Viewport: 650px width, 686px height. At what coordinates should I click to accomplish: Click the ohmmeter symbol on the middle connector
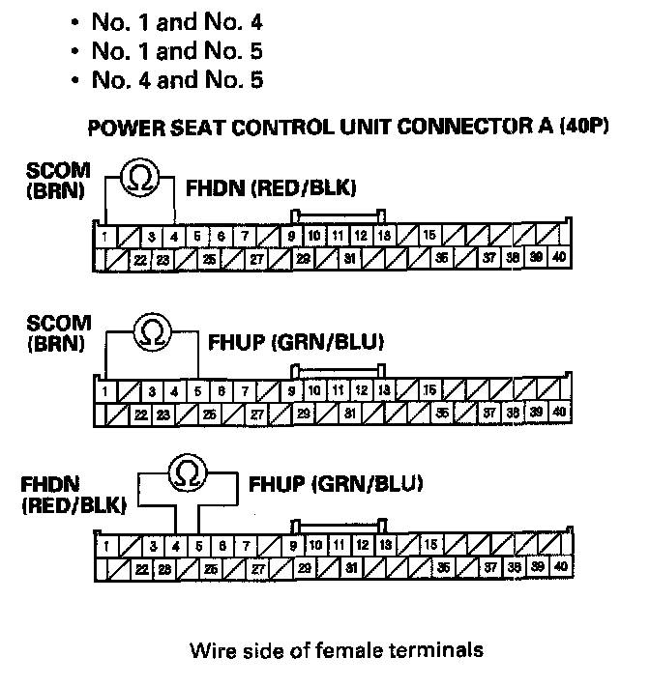click(152, 331)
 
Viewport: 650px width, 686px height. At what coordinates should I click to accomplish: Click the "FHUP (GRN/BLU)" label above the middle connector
click(297, 341)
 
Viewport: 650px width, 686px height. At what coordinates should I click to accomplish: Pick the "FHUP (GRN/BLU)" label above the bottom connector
click(335, 483)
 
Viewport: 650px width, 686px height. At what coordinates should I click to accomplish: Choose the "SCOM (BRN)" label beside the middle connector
click(59, 332)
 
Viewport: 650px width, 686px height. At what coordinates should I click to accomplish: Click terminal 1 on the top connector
click(103, 236)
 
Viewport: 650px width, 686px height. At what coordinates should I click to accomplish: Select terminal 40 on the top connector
click(560, 258)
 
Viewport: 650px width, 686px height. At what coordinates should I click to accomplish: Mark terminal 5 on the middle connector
click(197, 391)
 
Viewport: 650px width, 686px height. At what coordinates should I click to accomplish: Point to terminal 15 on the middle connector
click(429, 390)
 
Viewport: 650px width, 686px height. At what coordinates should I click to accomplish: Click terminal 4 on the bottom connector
click(174, 546)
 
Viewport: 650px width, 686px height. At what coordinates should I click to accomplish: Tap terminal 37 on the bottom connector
click(490, 567)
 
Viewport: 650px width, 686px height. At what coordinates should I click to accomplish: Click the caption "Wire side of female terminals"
click(337, 650)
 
